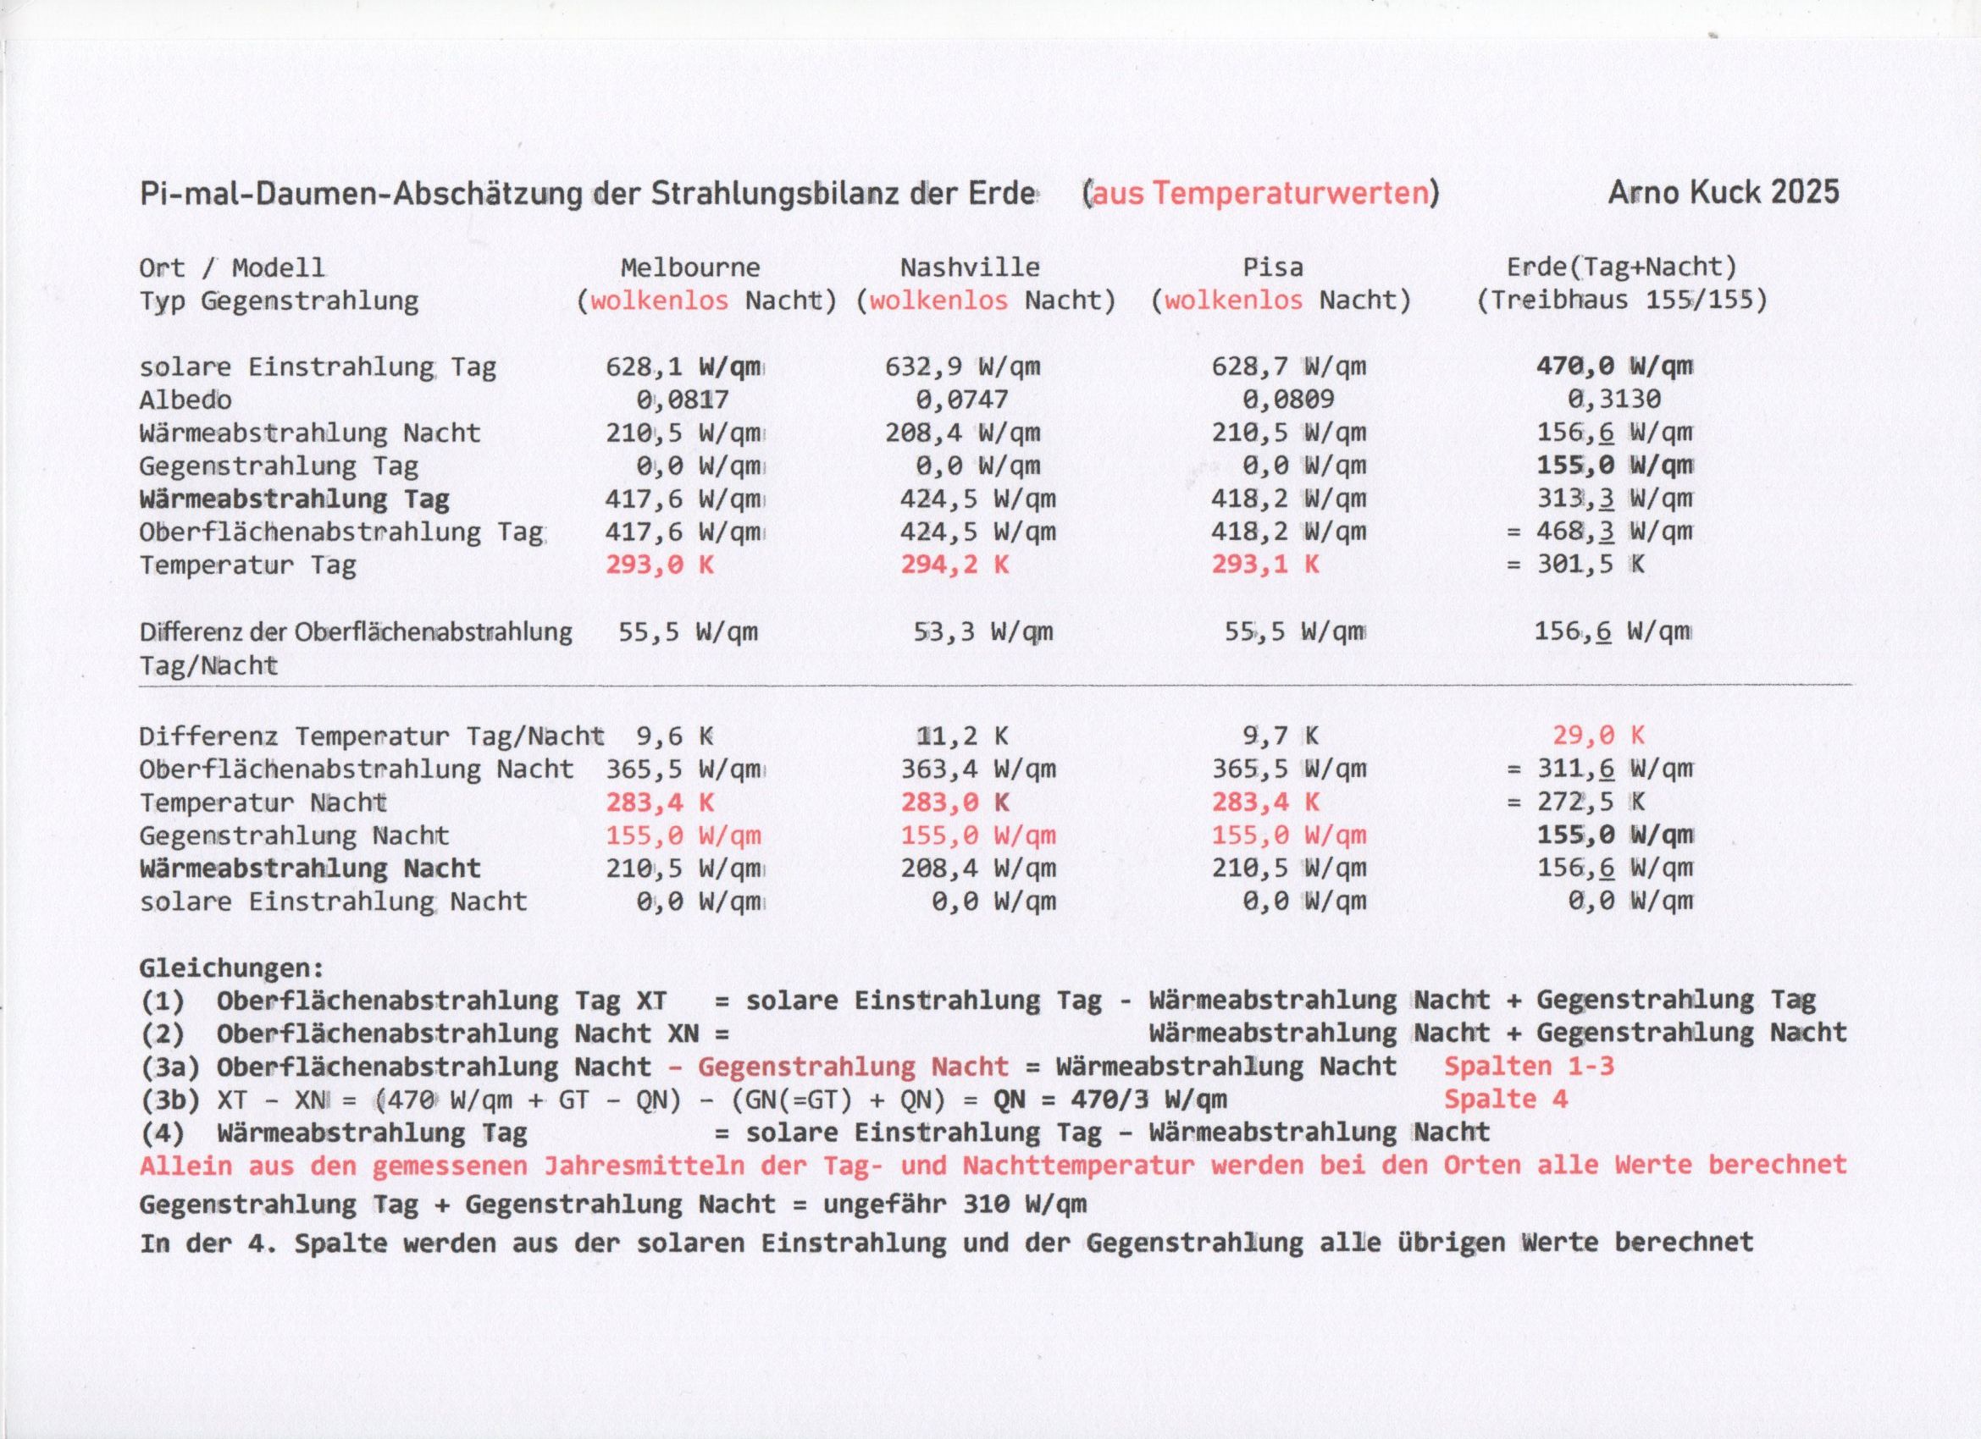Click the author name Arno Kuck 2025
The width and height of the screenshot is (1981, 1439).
1724,192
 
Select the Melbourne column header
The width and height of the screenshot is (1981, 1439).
690,267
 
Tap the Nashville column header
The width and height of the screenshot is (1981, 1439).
970,267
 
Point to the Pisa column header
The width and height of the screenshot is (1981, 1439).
1273,267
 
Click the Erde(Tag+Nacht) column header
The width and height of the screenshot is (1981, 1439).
1621,267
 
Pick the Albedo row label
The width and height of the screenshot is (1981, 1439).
185,400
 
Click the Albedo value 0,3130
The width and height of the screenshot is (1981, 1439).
1613,400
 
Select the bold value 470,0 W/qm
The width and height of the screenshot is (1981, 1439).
1614,367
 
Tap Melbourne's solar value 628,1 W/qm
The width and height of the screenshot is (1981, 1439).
685,367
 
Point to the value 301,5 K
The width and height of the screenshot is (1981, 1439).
1591,565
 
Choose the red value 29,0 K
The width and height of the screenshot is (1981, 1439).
1598,736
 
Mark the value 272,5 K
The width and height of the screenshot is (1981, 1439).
1591,802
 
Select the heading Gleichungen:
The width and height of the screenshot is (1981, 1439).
231,968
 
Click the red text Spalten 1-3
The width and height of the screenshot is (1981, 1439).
1529,1067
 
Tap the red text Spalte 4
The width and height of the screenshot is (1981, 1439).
1506,1100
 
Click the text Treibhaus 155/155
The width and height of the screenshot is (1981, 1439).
1622,300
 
